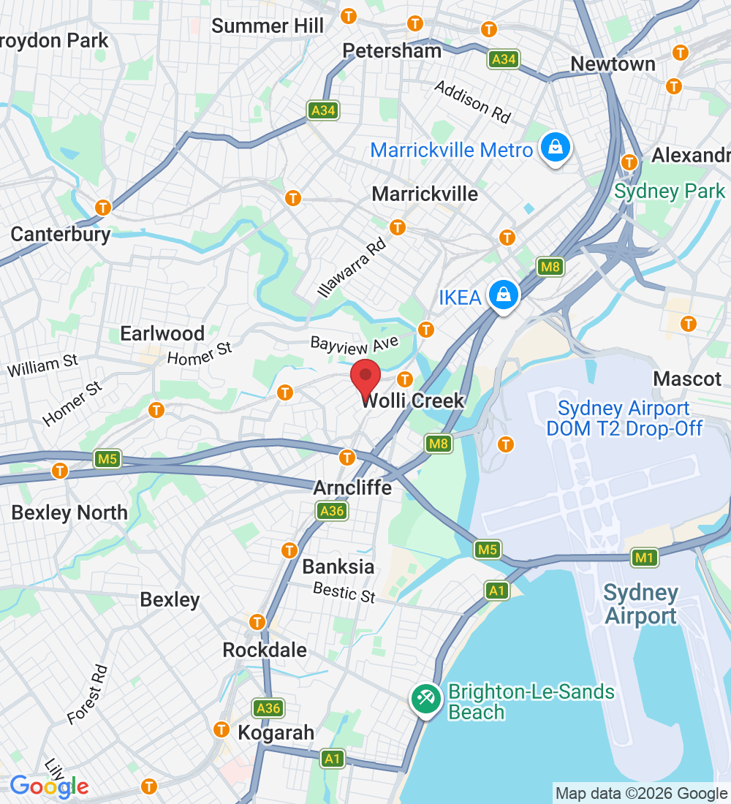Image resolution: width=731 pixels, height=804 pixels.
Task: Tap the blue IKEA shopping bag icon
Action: tap(504, 295)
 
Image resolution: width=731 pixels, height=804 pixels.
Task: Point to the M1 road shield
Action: tap(644, 558)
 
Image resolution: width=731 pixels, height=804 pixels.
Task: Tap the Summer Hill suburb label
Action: tap(268, 26)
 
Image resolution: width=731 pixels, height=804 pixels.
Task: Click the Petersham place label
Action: tap(393, 50)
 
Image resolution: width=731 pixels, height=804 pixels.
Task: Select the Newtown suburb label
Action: tap(613, 64)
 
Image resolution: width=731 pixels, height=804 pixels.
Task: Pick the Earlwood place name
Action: tap(162, 334)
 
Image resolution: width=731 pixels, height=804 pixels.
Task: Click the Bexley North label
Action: tap(69, 512)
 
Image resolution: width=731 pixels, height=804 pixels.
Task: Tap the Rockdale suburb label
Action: tap(265, 650)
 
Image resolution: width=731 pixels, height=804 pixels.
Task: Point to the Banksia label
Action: tap(338, 566)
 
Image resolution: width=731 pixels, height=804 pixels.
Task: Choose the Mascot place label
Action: tap(687, 379)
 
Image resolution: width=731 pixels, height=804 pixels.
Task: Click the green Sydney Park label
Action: tap(670, 191)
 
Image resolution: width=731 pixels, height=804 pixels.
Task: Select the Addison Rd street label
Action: tap(472, 102)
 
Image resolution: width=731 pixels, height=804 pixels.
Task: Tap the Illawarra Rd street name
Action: tap(352, 268)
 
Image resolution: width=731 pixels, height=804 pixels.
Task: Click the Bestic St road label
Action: tap(344, 592)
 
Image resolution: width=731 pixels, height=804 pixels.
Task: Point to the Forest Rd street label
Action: tap(88, 695)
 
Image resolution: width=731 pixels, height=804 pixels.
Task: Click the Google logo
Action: tap(49, 786)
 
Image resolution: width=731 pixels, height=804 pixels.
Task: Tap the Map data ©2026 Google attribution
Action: tap(640, 793)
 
